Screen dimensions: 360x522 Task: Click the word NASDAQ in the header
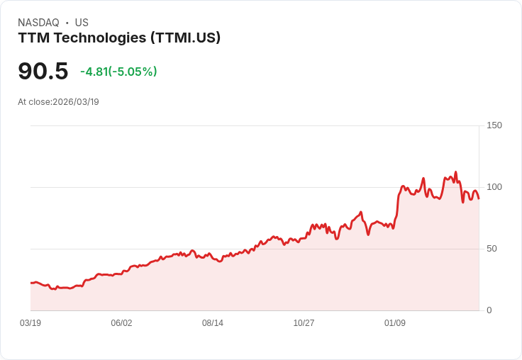pyautogui.click(x=38, y=23)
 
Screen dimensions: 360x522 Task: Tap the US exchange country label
pyautogui.click(x=82, y=23)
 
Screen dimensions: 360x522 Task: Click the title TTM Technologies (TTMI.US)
pyautogui.click(x=119, y=38)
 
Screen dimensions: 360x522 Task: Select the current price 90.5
pyautogui.click(x=43, y=71)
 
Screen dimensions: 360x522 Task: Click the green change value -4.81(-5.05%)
pyautogui.click(x=118, y=72)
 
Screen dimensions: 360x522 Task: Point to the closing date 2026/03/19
pyautogui.click(x=76, y=102)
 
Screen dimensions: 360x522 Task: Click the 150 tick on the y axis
pyautogui.click(x=494, y=125)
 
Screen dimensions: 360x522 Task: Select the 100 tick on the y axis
pyautogui.click(x=494, y=187)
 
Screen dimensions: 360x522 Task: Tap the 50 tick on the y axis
pyautogui.click(x=492, y=249)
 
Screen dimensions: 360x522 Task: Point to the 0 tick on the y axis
pyautogui.click(x=489, y=310)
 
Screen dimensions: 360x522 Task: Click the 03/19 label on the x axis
pyautogui.click(x=30, y=323)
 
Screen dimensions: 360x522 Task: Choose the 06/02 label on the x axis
pyautogui.click(x=121, y=323)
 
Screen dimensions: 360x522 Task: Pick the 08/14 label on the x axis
pyautogui.click(x=213, y=323)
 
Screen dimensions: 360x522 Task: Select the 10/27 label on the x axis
pyautogui.click(x=304, y=323)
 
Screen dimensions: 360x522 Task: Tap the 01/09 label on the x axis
pyautogui.click(x=395, y=323)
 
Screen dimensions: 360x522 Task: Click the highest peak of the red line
pyautogui.click(x=455, y=172)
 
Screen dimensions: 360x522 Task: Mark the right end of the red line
pyautogui.click(x=479, y=198)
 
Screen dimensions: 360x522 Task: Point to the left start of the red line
pyautogui.click(x=30, y=283)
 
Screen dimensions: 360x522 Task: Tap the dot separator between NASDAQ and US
pyautogui.click(x=67, y=23)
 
